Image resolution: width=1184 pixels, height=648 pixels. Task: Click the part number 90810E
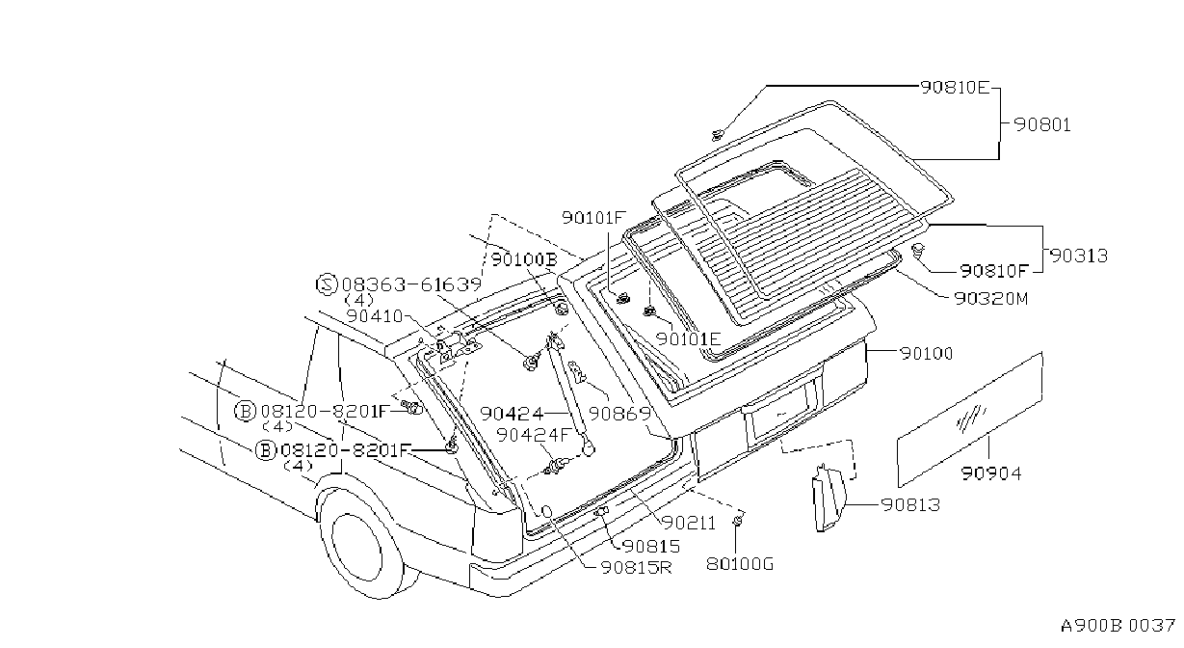click(x=955, y=88)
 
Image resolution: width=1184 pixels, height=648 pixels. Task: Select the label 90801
click(x=1042, y=124)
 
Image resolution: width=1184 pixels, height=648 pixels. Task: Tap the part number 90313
click(x=1078, y=256)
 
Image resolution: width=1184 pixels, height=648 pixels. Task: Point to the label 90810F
click(x=994, y=271)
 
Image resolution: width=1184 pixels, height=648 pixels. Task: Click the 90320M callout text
click(x=991, y=299)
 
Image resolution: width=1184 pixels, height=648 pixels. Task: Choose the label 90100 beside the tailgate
click(x=927, y=353)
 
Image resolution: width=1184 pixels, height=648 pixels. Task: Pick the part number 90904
click(x=991, y=472)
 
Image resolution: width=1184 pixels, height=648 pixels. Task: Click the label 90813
click(x=911, y=504)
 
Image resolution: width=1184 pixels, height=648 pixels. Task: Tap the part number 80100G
click(x=740, y=564)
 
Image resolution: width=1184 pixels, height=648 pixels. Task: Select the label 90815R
click(x=637, y=568)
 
